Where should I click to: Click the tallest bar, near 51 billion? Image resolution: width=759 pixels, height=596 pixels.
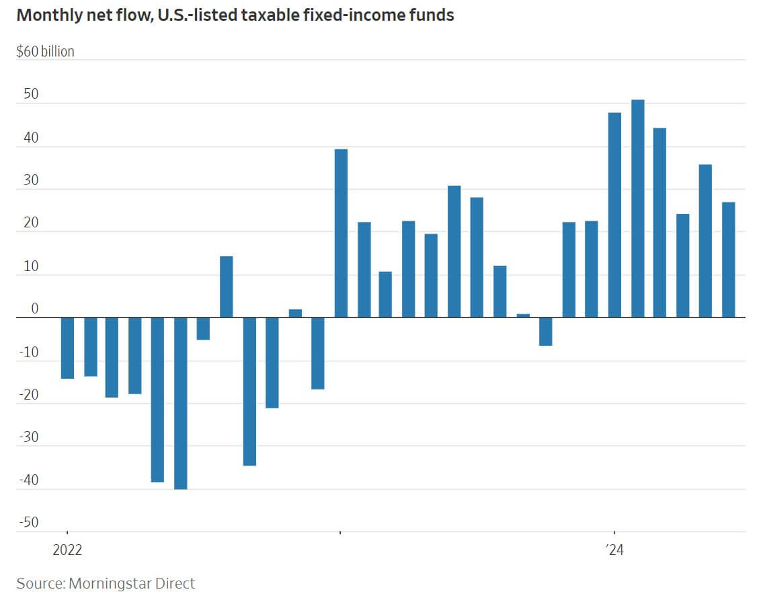click(x=637, y=209)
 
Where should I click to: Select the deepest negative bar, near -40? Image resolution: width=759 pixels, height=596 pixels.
click(x=180, y=403)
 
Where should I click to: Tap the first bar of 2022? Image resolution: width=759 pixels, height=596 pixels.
click(x=67, y=348)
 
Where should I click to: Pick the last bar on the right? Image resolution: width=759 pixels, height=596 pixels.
click(x=728, y=260)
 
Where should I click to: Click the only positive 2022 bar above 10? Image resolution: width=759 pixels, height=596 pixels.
click(x=227, y=287)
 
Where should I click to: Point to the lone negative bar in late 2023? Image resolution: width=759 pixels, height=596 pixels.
click(x=546, y=332)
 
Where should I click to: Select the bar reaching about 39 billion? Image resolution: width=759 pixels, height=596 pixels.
click(x=341, y=233)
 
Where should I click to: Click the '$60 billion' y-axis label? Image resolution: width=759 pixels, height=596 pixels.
click(x=45, y=51)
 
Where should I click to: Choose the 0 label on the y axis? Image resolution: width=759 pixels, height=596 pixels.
click(x=34, y=309)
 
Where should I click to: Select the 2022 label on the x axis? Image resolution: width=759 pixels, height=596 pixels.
click(x=67, y=550)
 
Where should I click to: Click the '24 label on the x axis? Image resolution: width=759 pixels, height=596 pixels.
click(x=614, y=550)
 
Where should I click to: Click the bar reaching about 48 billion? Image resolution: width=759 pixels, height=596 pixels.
click(x=614, y=215)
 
